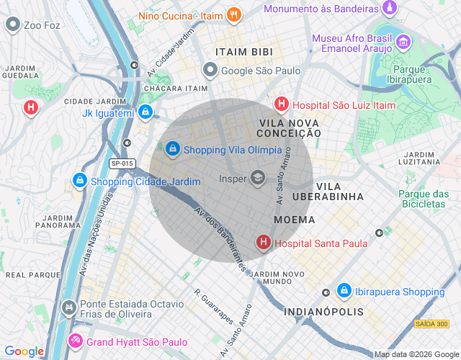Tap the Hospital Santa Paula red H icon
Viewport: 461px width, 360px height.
tap(264, 243)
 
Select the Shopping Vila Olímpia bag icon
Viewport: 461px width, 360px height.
tap(173, 149)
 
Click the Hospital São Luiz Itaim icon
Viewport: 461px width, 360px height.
tap(282, 104)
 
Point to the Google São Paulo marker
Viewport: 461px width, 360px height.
tap(210, 70)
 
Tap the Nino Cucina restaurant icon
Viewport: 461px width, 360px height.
tap(233, 14)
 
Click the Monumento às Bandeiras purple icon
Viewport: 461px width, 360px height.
tap(390, 8)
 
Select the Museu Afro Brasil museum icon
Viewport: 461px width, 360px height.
tap(403, 41)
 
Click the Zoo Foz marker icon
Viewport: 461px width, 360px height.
tap(12, 24)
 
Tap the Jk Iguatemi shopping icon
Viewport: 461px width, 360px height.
tap(146, 112)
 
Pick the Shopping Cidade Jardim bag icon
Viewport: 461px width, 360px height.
tap(79, 181)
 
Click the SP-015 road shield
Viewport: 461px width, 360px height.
tap(122, 163)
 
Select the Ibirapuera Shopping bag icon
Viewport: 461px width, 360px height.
tap(344, 291)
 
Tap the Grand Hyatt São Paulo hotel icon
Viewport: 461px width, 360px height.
tap(76, 341)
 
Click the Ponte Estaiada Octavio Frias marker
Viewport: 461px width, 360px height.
tap(68, 308)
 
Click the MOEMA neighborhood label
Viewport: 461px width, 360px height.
tap(294, 219)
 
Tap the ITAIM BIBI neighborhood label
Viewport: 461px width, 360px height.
tap(242, 52)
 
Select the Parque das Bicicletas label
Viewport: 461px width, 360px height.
tap(424, 199)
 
